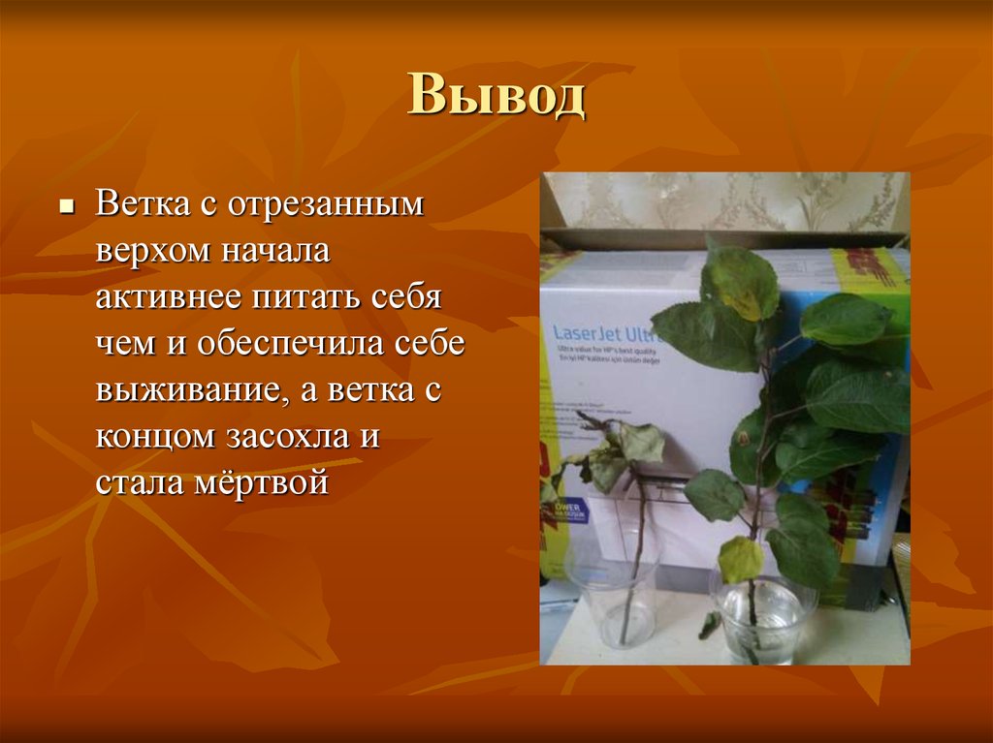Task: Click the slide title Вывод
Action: coord(496,97)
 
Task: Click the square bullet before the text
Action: coord(67,207)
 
